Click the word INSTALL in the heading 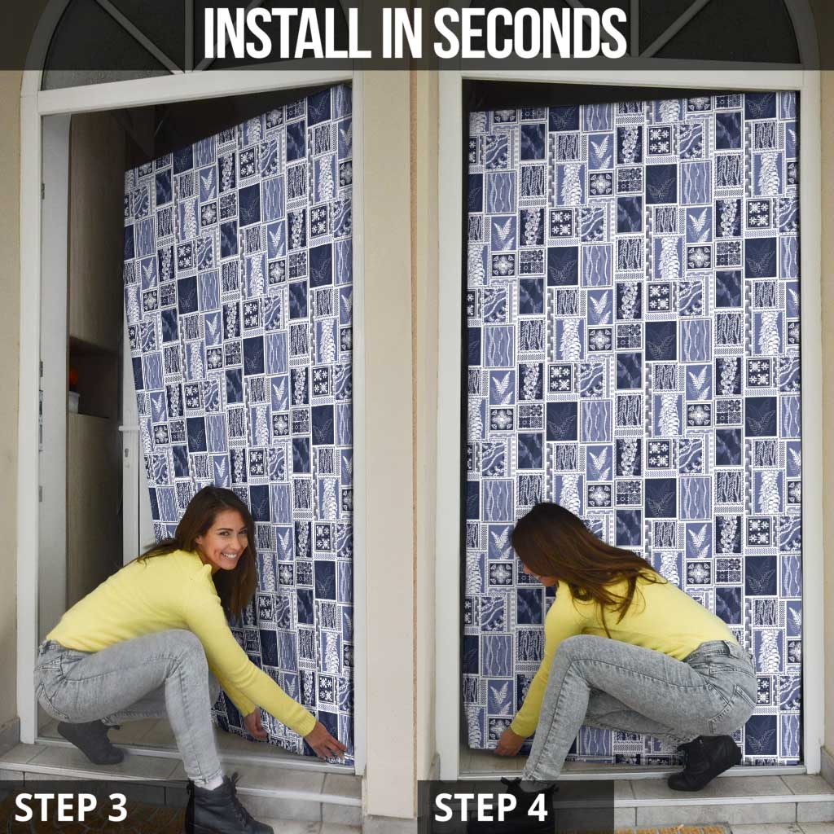[288, 33]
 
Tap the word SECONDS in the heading [531, 33]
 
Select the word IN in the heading [402, 33]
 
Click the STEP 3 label [71, 807]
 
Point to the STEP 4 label [490, 807]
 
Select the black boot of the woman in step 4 [705, 761]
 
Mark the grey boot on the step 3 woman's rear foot [90, 741]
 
